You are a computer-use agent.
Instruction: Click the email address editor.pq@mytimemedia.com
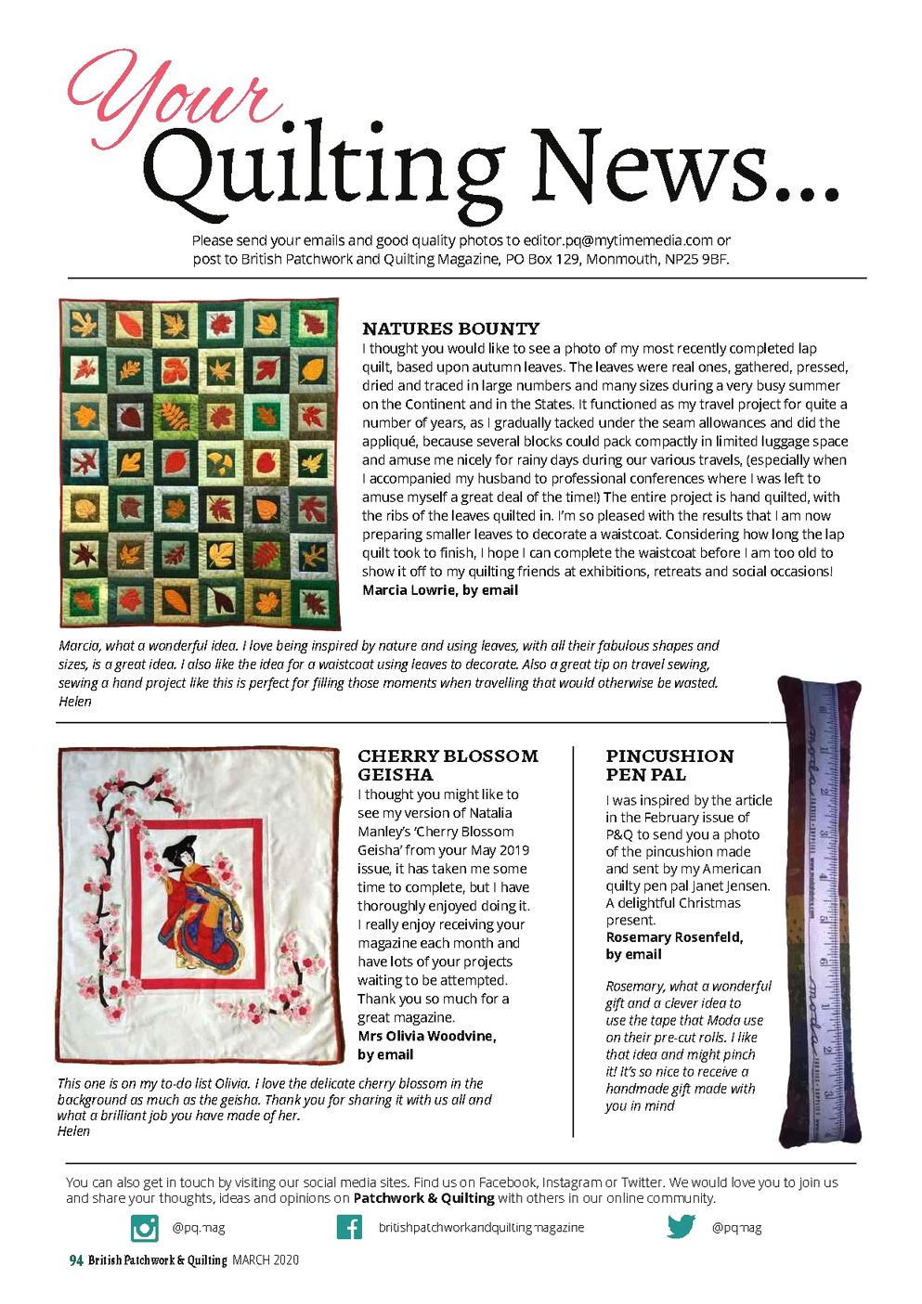(x=617, y=240)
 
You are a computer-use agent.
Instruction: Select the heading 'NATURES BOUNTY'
(x=450, y=329)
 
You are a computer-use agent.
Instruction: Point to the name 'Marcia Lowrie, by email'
(x=440, y=590)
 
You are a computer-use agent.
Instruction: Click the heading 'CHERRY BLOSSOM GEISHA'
(x=448, y=765)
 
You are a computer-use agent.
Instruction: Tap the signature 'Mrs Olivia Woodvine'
(x=426, y=1036)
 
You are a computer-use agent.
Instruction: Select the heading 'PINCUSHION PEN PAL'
(x=669, y=765)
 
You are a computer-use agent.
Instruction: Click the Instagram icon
(x=145, y=1227)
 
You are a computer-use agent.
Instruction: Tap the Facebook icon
(x=349, y=1227)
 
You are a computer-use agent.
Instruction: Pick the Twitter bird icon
(x=681, y=1227)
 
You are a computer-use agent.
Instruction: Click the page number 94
(x=76, y=1260)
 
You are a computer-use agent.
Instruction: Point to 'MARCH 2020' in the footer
(x=266, y=1260)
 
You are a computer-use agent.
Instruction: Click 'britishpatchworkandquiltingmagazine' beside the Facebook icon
(x=481, y=1227)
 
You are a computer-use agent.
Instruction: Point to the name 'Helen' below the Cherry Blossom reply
(x=73, y=1131)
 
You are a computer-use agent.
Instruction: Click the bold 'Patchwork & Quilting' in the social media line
(x=423, y=1198)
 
